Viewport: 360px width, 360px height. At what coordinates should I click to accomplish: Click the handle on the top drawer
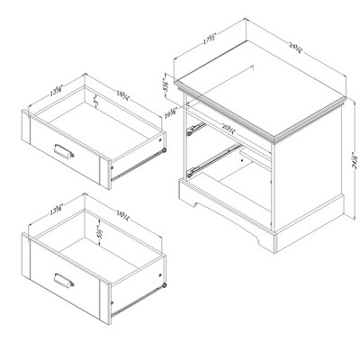tap(65, 148)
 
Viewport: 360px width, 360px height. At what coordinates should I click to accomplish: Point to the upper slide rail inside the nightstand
tap(193, 129)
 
